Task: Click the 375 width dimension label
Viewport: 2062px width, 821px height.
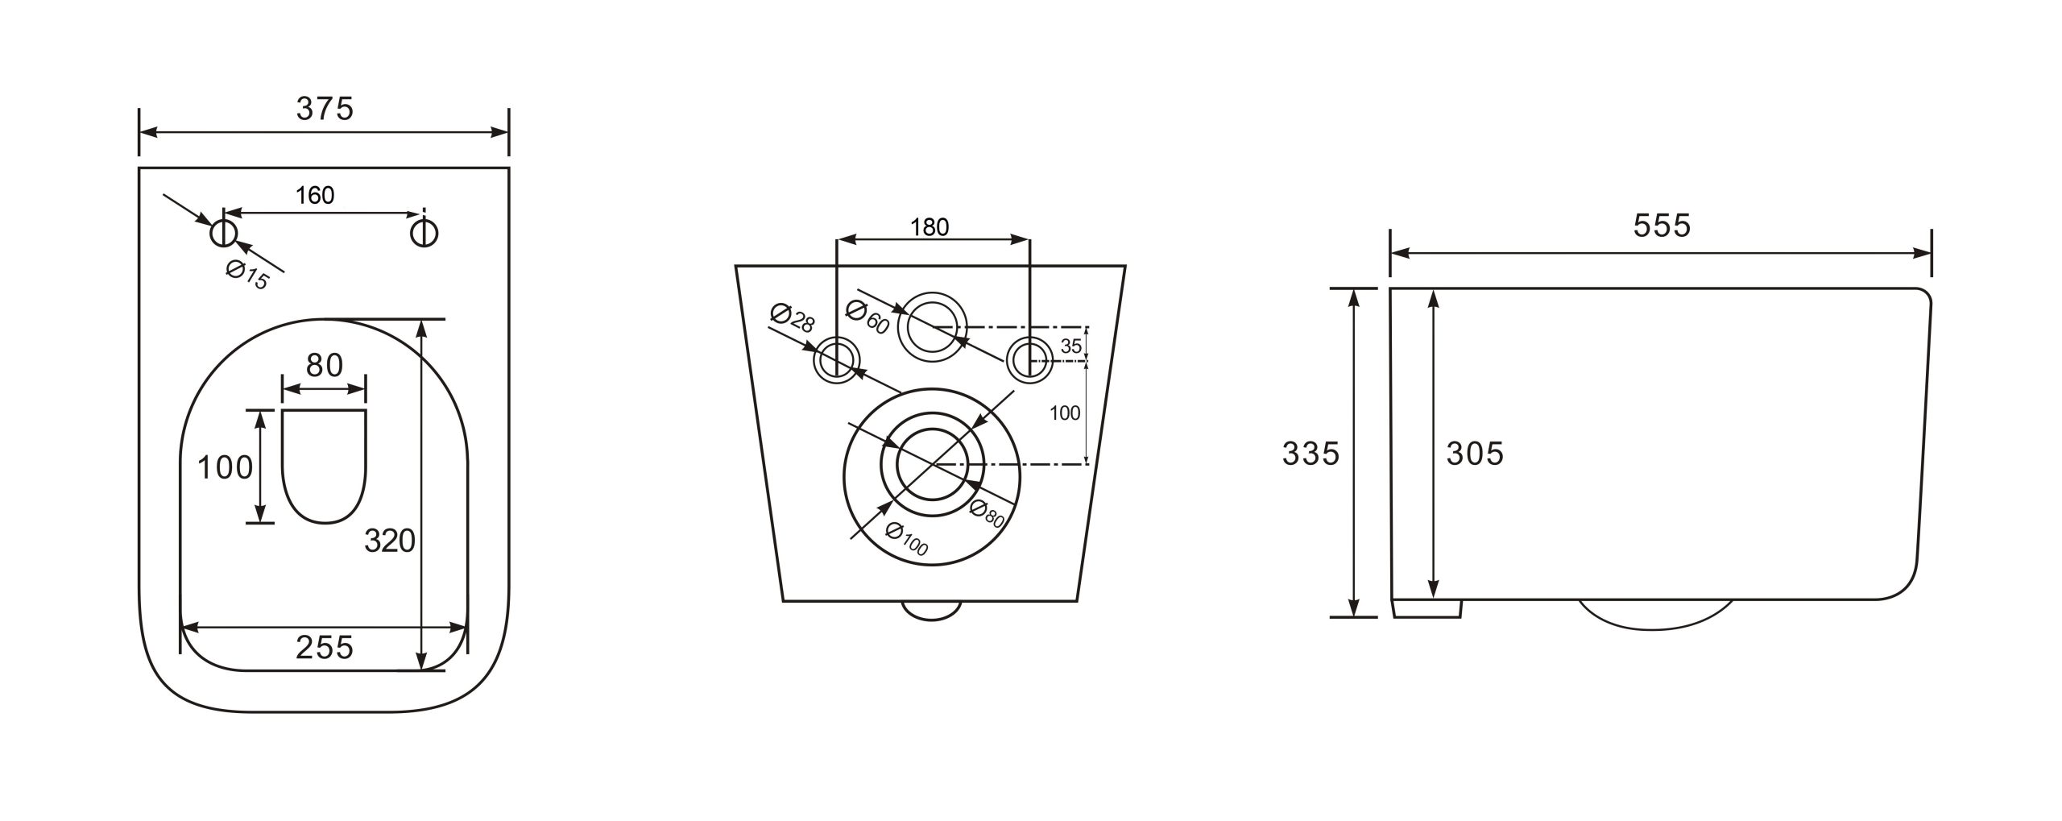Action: (325, 110)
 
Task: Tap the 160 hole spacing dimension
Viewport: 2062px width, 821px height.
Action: (315, 195)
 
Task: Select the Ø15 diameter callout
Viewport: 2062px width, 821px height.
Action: (247, 276)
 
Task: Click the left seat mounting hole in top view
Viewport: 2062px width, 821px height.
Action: (223, 234)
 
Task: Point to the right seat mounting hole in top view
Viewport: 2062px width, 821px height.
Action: (424, 233)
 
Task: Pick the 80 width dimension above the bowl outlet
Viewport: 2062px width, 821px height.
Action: (325, 365)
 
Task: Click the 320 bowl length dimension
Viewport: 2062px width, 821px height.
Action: (390, 541)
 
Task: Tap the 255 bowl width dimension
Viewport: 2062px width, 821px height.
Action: (325, 647)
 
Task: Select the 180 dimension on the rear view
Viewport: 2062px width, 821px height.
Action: (930, 227)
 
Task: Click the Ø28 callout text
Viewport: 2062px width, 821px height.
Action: (792, 317)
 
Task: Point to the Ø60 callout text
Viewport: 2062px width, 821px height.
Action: (867, 317)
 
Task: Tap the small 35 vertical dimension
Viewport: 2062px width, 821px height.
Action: (1070, 346)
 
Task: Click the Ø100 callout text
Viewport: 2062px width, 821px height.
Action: (906, 539)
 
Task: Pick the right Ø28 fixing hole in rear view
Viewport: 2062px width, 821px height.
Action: (1029, 359)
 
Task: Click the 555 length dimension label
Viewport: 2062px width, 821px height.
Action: (1662, 226)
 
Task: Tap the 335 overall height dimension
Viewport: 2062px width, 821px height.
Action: (1310, 454)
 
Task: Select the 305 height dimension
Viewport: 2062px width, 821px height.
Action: (1475, 454)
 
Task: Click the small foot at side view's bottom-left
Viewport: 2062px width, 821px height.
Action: (1426, 608)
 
